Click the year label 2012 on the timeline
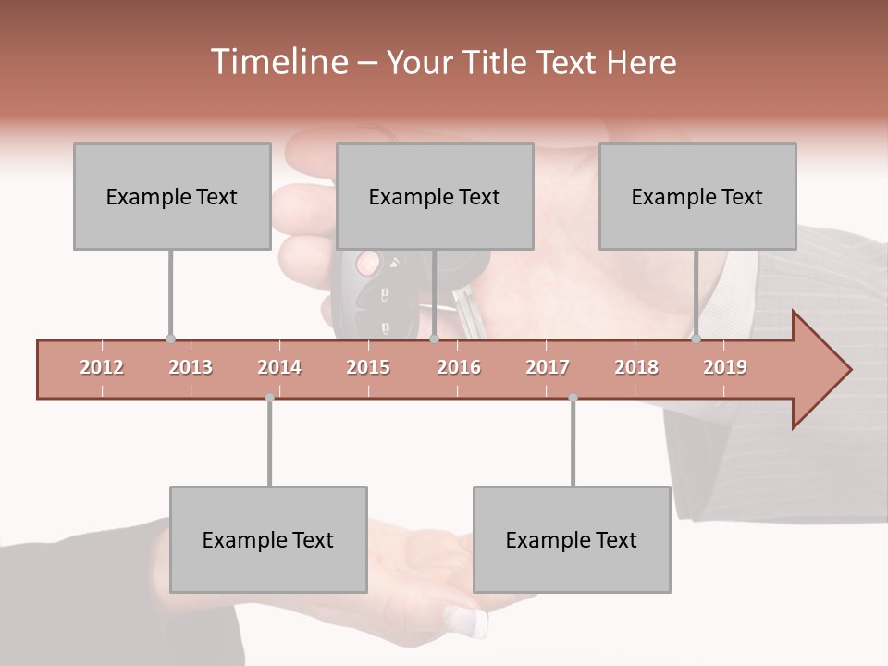point(102,367)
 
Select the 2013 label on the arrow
point(191,367)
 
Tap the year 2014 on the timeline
point(279,367)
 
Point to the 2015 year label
point(368,367)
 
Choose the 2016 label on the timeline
point(459,367)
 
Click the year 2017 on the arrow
point(548,367)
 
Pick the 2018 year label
point(636,367)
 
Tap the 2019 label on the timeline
point(725,367)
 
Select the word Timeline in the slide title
point(277,62)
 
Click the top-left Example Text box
point(172,196)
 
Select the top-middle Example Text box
point(435,196)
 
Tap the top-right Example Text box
point(697,196)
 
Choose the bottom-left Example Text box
point(268,539)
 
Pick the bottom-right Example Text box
point(572,539)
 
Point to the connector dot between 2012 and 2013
point(170,339)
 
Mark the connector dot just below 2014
point(269,398)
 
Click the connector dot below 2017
point(573,398)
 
